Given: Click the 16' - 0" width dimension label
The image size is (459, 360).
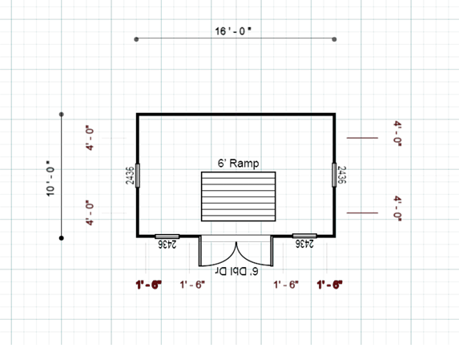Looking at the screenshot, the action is click(x=233, y=30).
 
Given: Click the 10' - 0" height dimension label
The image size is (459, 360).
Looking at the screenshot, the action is click(x=50, y=178).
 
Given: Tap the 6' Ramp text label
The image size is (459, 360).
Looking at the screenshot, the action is click(x=238, y=163).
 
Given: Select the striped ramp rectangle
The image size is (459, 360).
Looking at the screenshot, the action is click(x=238, y=196).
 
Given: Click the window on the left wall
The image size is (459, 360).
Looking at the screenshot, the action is click(x=137, y=175).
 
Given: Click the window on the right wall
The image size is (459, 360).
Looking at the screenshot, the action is click(x=334, y=175).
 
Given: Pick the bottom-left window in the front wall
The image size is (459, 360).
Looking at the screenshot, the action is click(x=167, y=236).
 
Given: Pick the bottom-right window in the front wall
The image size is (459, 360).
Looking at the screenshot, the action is click(x=304, y=236).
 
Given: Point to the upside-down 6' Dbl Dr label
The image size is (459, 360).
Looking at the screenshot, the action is click(x=237, y=272).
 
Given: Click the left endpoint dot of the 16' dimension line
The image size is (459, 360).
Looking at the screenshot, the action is click(x=136, y=39).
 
